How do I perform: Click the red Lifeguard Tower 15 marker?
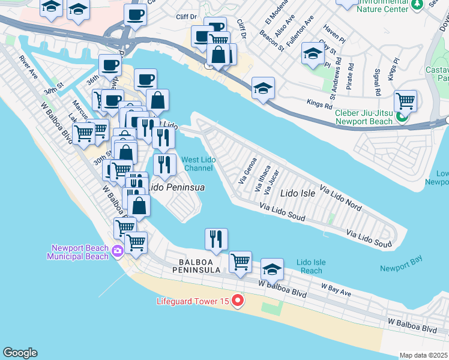(x=238, y=300)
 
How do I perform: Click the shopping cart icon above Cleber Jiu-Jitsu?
(x=406, y=101)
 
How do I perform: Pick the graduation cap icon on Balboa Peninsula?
(x=272, y=269)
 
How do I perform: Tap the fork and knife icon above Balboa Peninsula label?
(x=216, y=238)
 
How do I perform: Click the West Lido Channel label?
(x=197, y=163)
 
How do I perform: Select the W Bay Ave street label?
(x=336, y=290)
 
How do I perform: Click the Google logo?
(x=20, y=353)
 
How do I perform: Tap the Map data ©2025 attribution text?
(x=423, y=355)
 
